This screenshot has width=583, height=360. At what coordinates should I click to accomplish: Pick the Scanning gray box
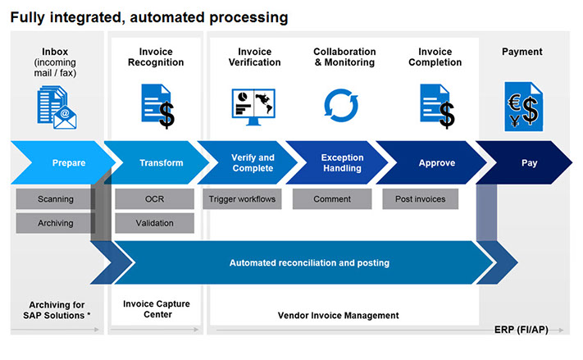[56, 199]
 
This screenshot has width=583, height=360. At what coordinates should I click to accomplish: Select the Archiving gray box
[56, 223]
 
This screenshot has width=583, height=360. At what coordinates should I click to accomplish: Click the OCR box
[155, 199]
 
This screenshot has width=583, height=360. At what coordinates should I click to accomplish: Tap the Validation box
[155, 223]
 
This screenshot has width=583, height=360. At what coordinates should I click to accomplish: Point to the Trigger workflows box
[242, 199]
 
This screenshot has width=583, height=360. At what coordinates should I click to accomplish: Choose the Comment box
[332, 199]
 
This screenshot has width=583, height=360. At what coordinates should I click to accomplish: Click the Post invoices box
[421, 199]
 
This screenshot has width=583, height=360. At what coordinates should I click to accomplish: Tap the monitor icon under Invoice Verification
[253, 107]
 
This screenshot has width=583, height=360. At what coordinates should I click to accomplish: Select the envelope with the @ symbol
[65, 117]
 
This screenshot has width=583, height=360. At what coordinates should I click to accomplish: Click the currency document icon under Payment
[523, 107]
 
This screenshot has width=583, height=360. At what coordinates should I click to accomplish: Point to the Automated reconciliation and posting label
[309, 263]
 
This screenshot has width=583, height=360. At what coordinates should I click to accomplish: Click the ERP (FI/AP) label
[522, 330]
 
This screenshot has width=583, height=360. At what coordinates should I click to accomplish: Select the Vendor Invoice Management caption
[339, 316]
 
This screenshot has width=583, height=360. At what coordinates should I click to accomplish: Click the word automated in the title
[167, 17]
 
